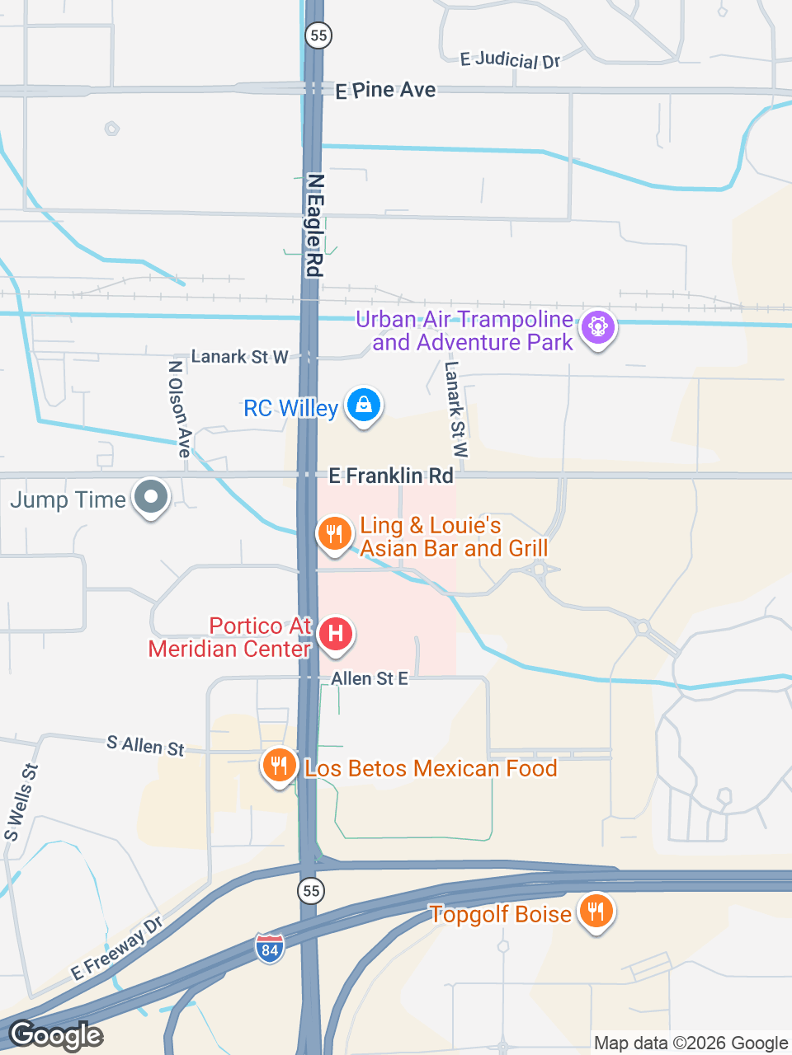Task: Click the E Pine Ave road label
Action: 385,91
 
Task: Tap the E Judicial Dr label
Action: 510,59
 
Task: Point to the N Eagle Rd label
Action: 314,225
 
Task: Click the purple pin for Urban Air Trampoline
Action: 598,327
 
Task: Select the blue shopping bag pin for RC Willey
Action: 363,405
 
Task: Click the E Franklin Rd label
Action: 391,476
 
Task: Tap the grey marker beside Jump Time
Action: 151,497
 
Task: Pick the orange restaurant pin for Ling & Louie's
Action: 334,533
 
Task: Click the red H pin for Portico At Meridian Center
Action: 335,634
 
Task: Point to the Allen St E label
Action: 370,678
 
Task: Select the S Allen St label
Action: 146,746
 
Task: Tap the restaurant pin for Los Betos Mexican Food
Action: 279,766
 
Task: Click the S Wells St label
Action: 21,802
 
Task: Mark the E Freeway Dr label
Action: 116,949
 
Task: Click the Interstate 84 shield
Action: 269,949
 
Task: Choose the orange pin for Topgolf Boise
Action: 595,911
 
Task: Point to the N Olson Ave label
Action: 179,408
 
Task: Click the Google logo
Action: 56,1035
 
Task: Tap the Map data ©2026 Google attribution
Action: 691,1043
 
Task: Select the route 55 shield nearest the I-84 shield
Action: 311,891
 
